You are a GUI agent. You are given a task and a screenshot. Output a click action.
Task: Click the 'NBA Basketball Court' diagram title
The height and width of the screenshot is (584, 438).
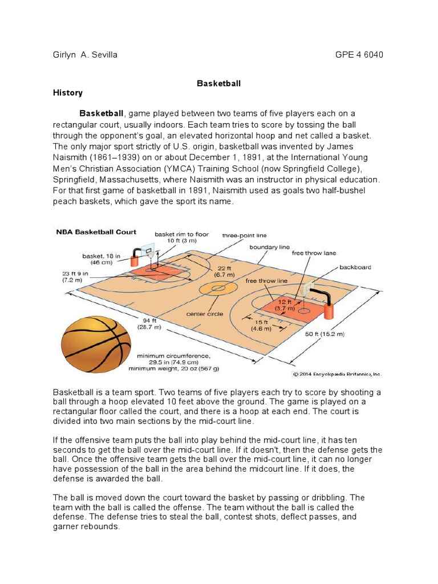click(x=96, y=232)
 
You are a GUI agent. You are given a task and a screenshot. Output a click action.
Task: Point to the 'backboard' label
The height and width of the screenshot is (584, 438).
click(x=355, y=266)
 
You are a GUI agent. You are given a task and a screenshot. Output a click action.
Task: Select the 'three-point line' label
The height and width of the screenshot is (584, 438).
click(x=245, y=235)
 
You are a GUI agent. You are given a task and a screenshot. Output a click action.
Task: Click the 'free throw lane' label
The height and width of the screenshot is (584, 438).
click(x=314, y=253)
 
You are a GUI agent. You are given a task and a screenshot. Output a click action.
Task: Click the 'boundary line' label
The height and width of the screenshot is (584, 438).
click(x=269, y=247)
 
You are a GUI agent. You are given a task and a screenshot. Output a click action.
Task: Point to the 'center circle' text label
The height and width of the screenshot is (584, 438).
click(x=204, y=314)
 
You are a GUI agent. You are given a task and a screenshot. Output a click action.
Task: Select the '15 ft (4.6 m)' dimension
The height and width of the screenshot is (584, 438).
click(x=263, y=325)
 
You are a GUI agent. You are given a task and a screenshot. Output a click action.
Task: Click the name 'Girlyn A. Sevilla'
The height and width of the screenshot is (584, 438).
click(x=84, y=55)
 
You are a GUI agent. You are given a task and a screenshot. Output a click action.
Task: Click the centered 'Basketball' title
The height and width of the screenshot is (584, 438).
click(x=218, y=83)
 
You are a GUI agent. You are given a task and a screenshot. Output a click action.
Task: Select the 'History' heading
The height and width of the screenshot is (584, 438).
click(x=67, y=92)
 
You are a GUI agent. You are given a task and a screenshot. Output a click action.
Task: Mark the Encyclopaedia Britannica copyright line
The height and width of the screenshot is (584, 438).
click(x=337, y=374)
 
